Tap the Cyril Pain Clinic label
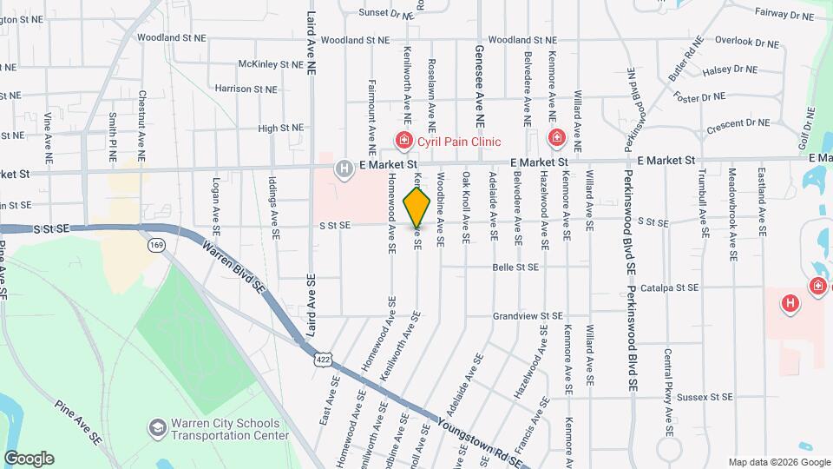459,141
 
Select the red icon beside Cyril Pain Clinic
403,140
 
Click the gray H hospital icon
344,168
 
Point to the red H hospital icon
790,303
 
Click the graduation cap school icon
157,428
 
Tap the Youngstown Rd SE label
482,443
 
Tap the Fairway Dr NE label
784,14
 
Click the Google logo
29,459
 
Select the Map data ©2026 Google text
778,462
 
